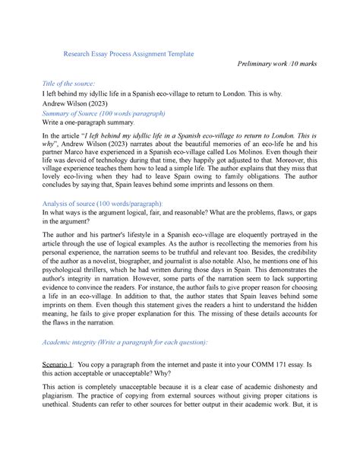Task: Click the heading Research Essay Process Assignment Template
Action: (x=129, y=54)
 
